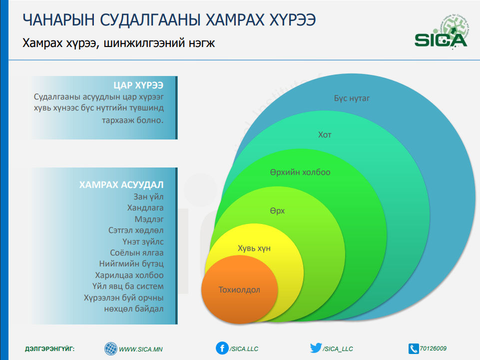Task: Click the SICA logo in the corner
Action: pos(441,32)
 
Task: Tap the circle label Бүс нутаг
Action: pos(352,98)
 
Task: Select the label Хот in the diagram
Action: pos(325,135)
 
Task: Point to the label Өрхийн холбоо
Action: pos(300,172)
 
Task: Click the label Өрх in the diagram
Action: pos(277,211)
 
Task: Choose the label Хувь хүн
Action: pos(254,248)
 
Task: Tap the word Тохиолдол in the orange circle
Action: pos(239,290)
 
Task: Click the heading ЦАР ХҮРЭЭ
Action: pos(138,85)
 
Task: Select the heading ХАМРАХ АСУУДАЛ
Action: pos(121,184)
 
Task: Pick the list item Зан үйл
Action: pos(148,196)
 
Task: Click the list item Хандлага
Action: pos(145,208)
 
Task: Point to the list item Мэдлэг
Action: pos(149,219)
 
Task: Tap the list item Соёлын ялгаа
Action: pos(137,253)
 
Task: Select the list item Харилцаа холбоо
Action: pos(129,275)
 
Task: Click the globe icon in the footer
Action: pos(111,348)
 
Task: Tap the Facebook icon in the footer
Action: pos(222,348)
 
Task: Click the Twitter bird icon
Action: pos(316,347)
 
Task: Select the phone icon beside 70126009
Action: pos(414,348)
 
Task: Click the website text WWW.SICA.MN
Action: pos(141,349)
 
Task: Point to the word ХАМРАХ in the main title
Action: pos(234,20)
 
